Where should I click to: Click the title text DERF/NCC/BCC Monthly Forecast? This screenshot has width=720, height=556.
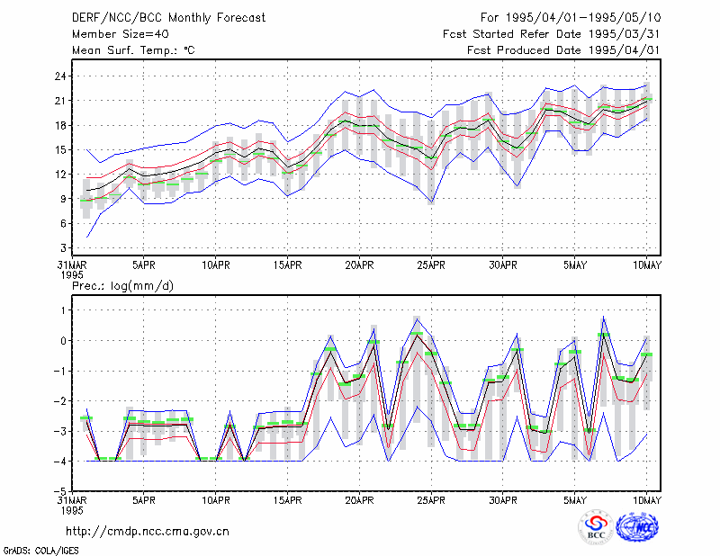coord(168,18)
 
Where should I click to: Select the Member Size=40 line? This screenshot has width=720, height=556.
coord(121,34)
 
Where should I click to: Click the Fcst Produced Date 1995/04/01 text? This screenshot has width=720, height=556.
coord(563,50)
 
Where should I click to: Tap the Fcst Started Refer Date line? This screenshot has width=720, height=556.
coord(552,34)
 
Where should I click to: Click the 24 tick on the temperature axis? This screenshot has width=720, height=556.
coord(60,76)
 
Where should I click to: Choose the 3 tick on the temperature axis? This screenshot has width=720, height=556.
coord(64,248)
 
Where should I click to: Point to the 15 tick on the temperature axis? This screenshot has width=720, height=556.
coord(60,150)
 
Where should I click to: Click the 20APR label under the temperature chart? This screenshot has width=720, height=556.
coord(359,265)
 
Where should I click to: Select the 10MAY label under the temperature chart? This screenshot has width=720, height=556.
coord(646,265)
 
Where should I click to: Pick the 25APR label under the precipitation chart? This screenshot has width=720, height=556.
coord(431,500)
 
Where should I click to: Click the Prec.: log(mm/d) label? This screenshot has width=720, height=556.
coord(122,286)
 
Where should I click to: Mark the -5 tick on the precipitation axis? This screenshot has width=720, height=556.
coord(60,491)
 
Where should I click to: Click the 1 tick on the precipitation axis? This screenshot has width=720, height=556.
coord(64,310)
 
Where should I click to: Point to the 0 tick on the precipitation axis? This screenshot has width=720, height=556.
coord(64,341)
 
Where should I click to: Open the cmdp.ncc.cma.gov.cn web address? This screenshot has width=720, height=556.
coord(148,532)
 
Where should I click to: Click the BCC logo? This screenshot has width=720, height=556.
coord(596,527)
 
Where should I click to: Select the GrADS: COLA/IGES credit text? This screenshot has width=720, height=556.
coord(41,551)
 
